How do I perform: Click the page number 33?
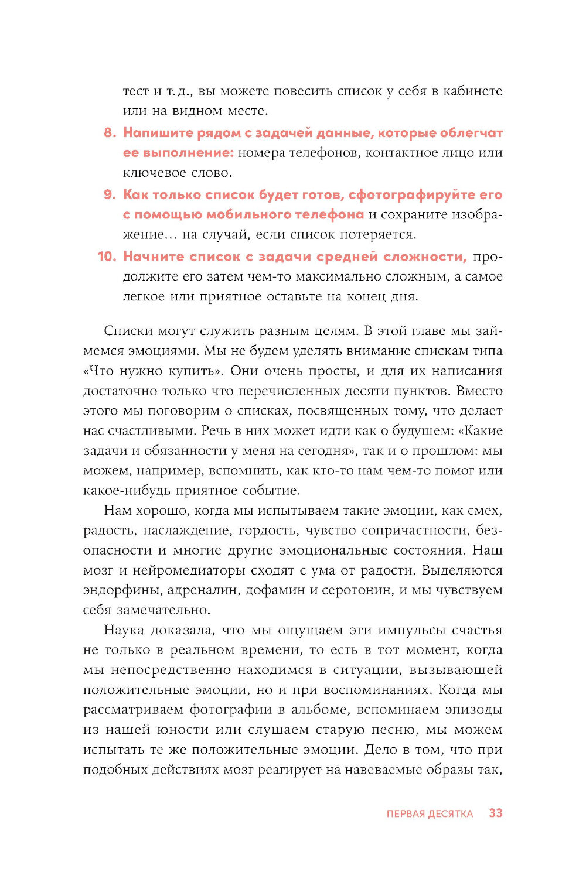point(495,813)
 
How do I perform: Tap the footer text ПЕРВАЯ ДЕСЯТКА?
point(430,813)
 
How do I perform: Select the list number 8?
point(110,133)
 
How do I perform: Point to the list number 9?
point(110,195)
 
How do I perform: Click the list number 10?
point(107,257)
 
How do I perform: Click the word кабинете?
point(473,91)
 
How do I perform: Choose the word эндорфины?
point(114,590)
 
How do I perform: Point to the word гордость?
point(268,531)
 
